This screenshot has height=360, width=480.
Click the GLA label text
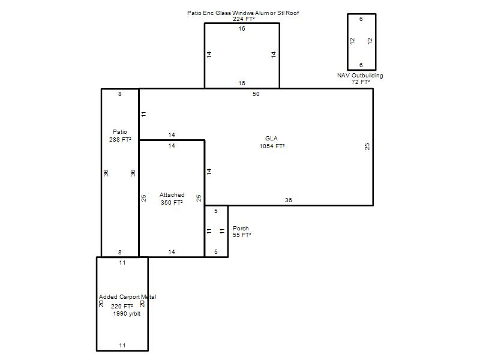point(271,139)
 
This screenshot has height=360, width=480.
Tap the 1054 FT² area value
point(272,146)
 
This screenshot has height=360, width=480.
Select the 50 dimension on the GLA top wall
point(256,94)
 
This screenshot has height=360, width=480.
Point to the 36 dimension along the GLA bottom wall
point(289,200)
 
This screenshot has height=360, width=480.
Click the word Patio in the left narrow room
point(119,131)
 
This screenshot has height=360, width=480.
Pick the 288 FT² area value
point(120,139)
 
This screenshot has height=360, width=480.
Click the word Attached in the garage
point(172,194)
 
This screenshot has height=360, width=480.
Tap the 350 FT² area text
point(172,202)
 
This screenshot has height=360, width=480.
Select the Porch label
point(241,229)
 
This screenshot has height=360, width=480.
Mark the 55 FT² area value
point(242,235)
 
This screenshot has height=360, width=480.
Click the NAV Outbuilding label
point(360,76)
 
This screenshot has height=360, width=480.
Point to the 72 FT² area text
point(361,82)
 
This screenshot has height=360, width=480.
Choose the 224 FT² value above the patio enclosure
point(244,19)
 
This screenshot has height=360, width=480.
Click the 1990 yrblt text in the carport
point(127,313)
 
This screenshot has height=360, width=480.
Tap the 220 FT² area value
point(122,306)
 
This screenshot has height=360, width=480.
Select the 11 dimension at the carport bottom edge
point(122,346)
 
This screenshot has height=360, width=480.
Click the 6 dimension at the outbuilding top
point(361,19)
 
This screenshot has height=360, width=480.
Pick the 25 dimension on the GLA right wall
point(367,146)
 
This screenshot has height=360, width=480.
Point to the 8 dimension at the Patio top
point(119,94)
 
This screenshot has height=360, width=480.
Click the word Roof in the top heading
point(292,13)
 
